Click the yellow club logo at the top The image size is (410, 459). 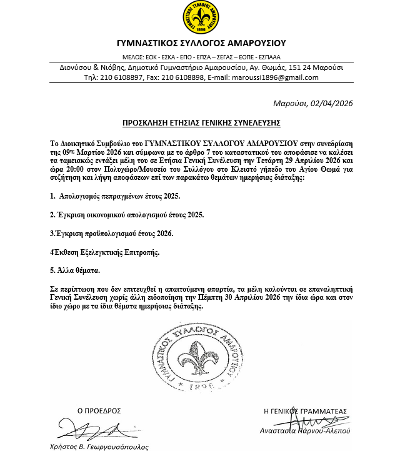pyautogui.click(x=201, y=19)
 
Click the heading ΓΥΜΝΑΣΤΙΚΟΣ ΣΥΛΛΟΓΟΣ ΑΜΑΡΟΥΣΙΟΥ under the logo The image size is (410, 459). pyautogui.click(x=201, y=43)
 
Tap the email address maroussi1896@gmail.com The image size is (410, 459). pyautogui.click(x=279, y=77)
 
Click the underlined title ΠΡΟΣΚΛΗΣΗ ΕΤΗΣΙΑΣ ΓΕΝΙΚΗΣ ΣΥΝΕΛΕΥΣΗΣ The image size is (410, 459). pyautogui.click(x=201, y=122)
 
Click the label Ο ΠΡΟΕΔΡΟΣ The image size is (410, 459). pyautogui.click(x=98, y=411)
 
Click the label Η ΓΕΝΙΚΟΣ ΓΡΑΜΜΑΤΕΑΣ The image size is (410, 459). pyautogui.click(x=305, y=411)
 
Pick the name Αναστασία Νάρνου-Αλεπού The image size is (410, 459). pyautogui.click(x=305, y=431)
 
